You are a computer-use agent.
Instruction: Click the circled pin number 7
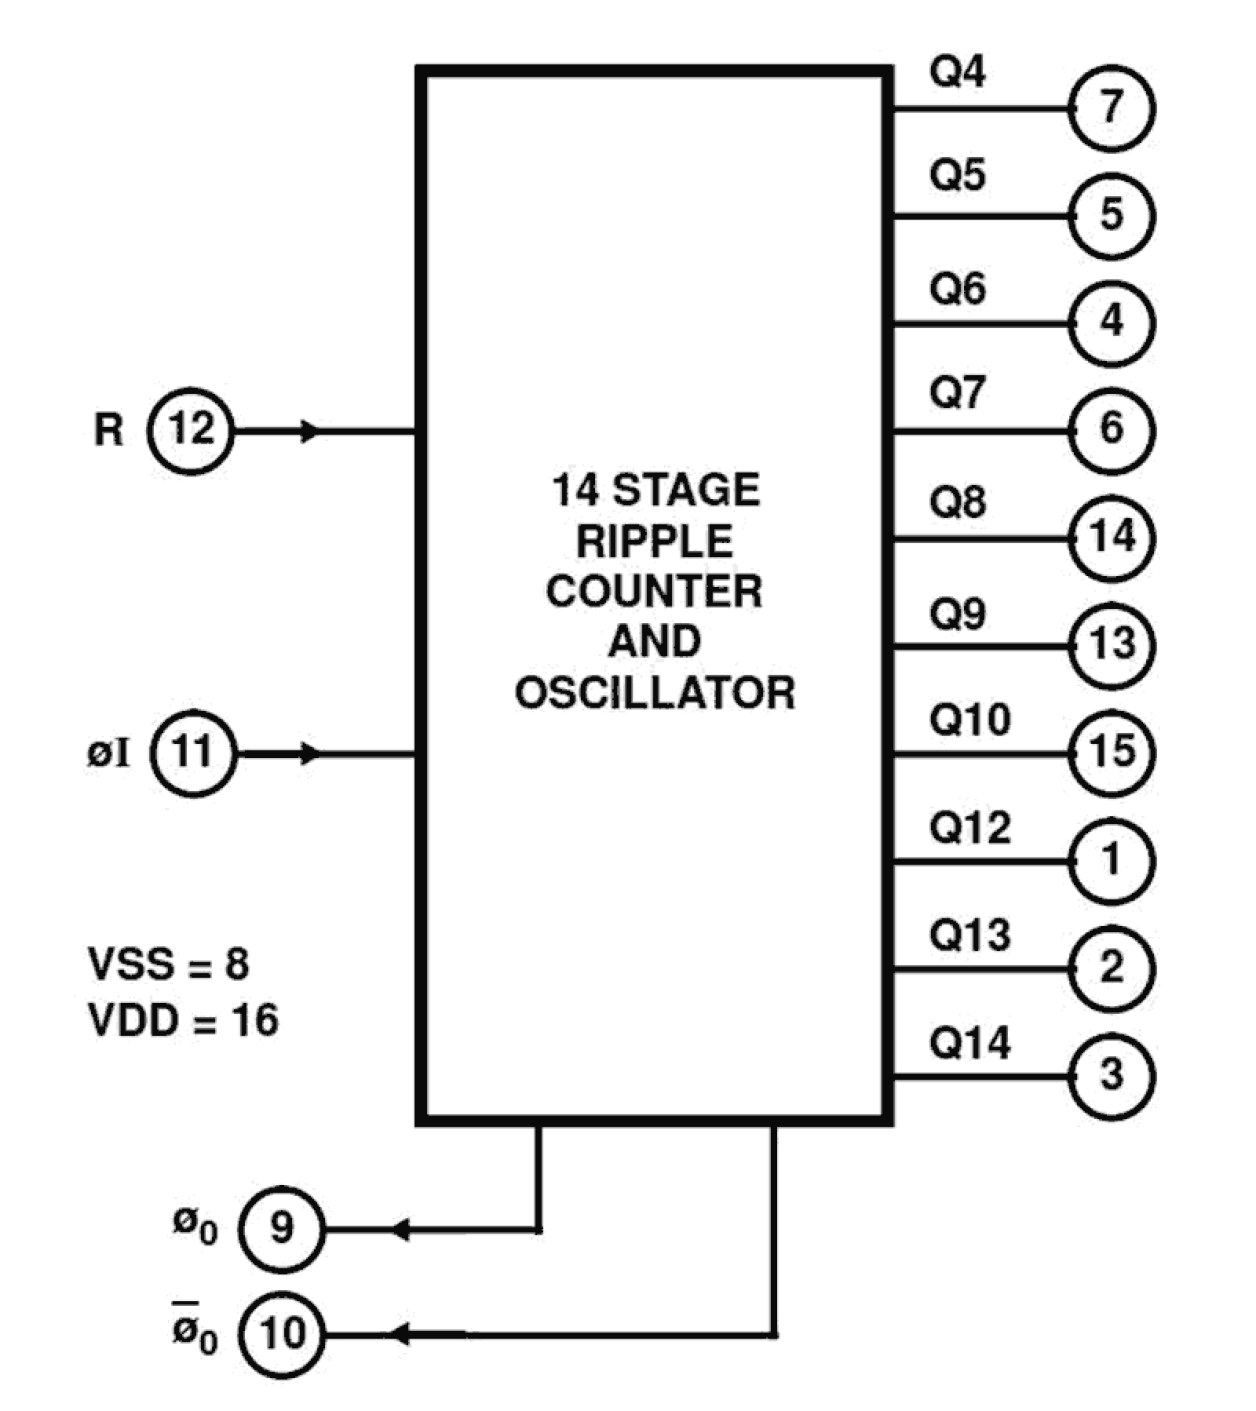point(1111,108)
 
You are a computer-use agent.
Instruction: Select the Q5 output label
point(957,175)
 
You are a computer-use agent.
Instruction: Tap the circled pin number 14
point(1111,538)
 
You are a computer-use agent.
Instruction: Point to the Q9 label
point(957,613)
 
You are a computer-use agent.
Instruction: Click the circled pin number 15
point(1111,752)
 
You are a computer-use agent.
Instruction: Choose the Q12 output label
point(969,828)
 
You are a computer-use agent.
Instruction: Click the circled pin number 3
point(1111,1076)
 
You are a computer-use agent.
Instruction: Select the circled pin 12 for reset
point(190,431)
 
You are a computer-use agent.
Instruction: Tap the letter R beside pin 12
point(108,431)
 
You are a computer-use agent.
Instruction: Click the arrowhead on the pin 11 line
point(311,753)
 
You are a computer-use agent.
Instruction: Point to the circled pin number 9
point(281,1228)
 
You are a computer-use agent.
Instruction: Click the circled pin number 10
point(281,1334)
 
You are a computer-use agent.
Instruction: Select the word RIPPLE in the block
point(654,542)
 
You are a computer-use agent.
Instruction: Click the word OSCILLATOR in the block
point(654,693)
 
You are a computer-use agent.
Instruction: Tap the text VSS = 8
point(168,965)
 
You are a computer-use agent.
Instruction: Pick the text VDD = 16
point(183,1021)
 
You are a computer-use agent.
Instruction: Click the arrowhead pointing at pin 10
point(399,1334)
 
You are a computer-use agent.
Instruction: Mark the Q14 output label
point(969,1044)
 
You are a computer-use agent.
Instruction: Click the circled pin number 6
point(1111,430)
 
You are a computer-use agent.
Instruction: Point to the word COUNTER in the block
point(654,592)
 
